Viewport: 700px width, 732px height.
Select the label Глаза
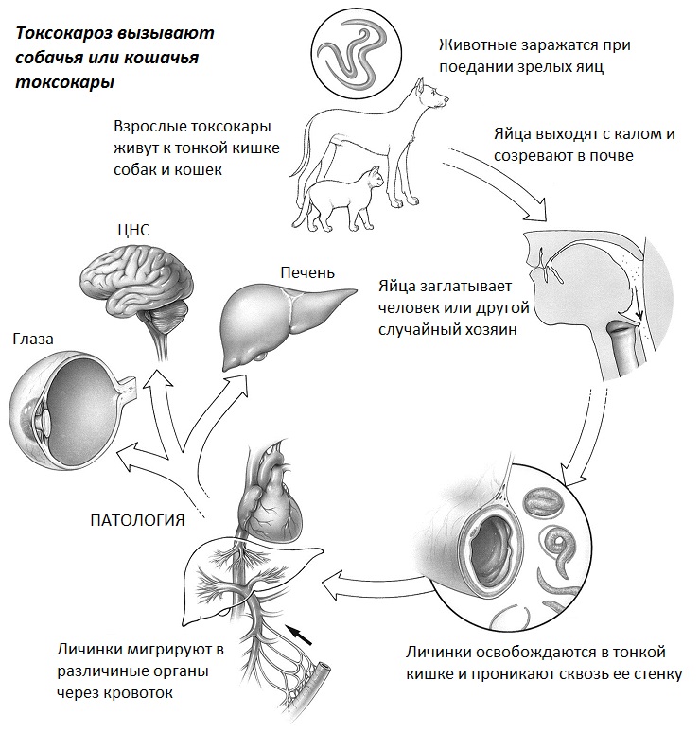34,338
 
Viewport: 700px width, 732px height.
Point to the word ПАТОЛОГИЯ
136,518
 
